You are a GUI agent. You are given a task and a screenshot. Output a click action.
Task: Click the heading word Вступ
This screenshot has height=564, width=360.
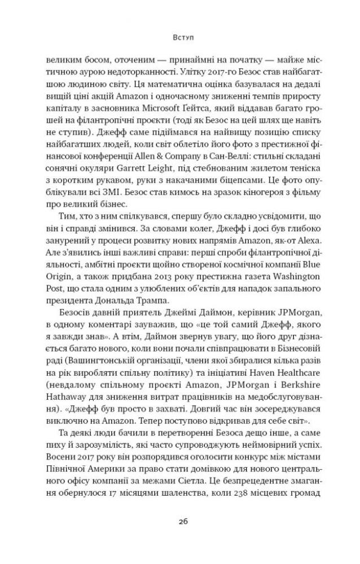tap(180, 38)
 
